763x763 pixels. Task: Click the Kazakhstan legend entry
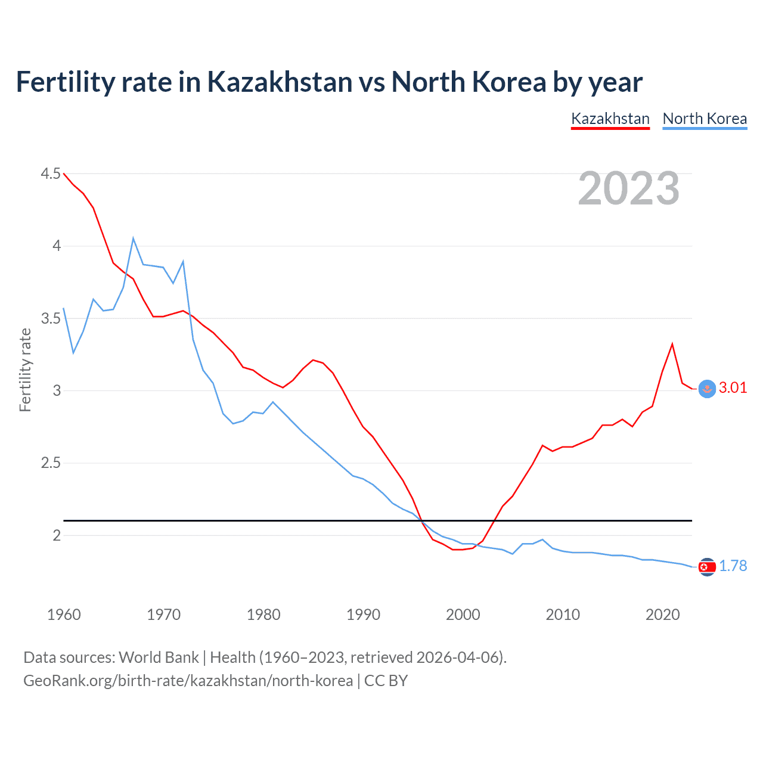(x=610, y=119)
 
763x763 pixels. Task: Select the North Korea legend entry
(x=705, y=119)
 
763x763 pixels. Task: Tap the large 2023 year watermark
(x=628, y=188)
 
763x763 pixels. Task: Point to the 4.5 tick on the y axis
(x=51, y=173)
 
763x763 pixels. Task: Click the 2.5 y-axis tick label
(x=51, y=463)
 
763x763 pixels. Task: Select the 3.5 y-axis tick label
(x=51, y=318)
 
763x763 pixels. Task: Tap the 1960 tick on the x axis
(x=64, y=615)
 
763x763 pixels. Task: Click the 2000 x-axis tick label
(x=463, y=615)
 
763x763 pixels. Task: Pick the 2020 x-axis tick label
(x=662, y=615)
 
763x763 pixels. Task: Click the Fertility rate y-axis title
(x=25, y=370)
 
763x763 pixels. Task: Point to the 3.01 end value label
(x=733, y=387)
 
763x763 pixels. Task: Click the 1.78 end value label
(x=733, y=566)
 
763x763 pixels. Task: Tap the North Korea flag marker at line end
(x=707, y=567)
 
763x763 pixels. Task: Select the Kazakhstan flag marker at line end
(x=707, y=389)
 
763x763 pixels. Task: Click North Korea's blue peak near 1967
(x=134, y=238)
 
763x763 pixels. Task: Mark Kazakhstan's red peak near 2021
(x=672, y=344)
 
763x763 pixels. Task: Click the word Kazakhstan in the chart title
(x=280, y=82)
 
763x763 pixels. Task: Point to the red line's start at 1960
(x=64, y=173)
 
